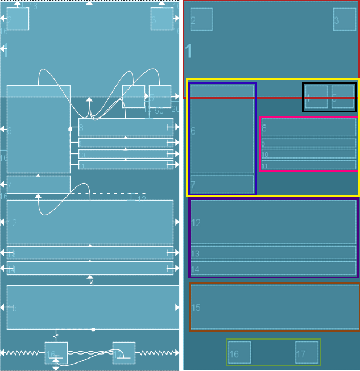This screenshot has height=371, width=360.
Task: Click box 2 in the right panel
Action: coord(201,19)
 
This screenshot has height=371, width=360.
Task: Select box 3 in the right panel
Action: coord(345,19)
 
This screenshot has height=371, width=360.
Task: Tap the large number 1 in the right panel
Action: coord(189,52)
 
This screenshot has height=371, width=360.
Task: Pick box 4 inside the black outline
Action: coord(317,97)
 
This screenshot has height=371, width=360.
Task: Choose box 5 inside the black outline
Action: coord(343,97)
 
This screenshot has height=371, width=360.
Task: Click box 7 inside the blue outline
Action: coord(222,184)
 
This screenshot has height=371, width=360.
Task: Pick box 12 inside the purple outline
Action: coord(273,222)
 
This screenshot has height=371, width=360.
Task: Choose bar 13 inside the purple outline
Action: coord(273,253)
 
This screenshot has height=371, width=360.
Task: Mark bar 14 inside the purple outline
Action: coord(273,268)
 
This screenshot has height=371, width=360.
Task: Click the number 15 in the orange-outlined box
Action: coord(196,308)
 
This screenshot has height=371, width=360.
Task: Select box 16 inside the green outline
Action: coord(239,353)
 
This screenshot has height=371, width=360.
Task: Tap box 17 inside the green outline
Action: coord(307,353)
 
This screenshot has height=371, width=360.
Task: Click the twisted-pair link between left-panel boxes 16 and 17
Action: coord(90,353)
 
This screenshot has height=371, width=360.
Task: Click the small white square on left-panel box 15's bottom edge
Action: coord(93,330)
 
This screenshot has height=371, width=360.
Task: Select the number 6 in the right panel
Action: coord(193,131)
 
